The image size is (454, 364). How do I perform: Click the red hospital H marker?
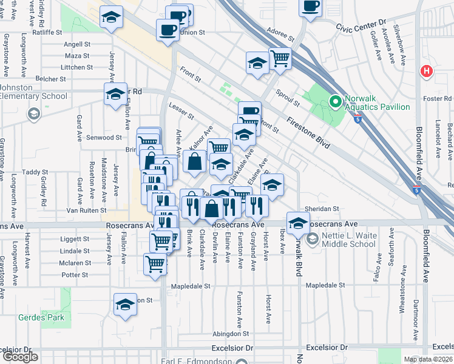427,71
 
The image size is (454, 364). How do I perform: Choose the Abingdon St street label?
231,334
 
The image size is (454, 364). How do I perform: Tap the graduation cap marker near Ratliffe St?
111,19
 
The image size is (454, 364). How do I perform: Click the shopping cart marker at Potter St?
155,265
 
